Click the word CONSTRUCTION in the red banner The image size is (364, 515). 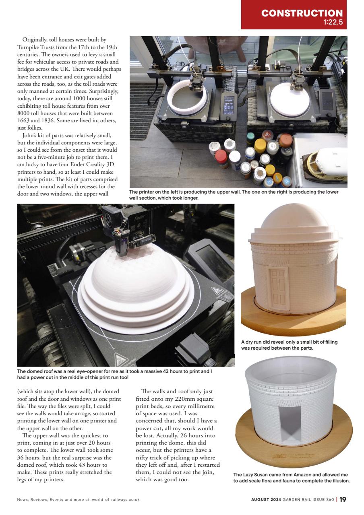click(302, 13)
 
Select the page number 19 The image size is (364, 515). click(342, 500)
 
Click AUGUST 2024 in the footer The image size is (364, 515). click(266, 500)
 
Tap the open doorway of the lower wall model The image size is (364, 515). click(289, 421)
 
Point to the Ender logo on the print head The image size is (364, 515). click(139, 218)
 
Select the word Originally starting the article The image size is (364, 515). click(36, 40)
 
